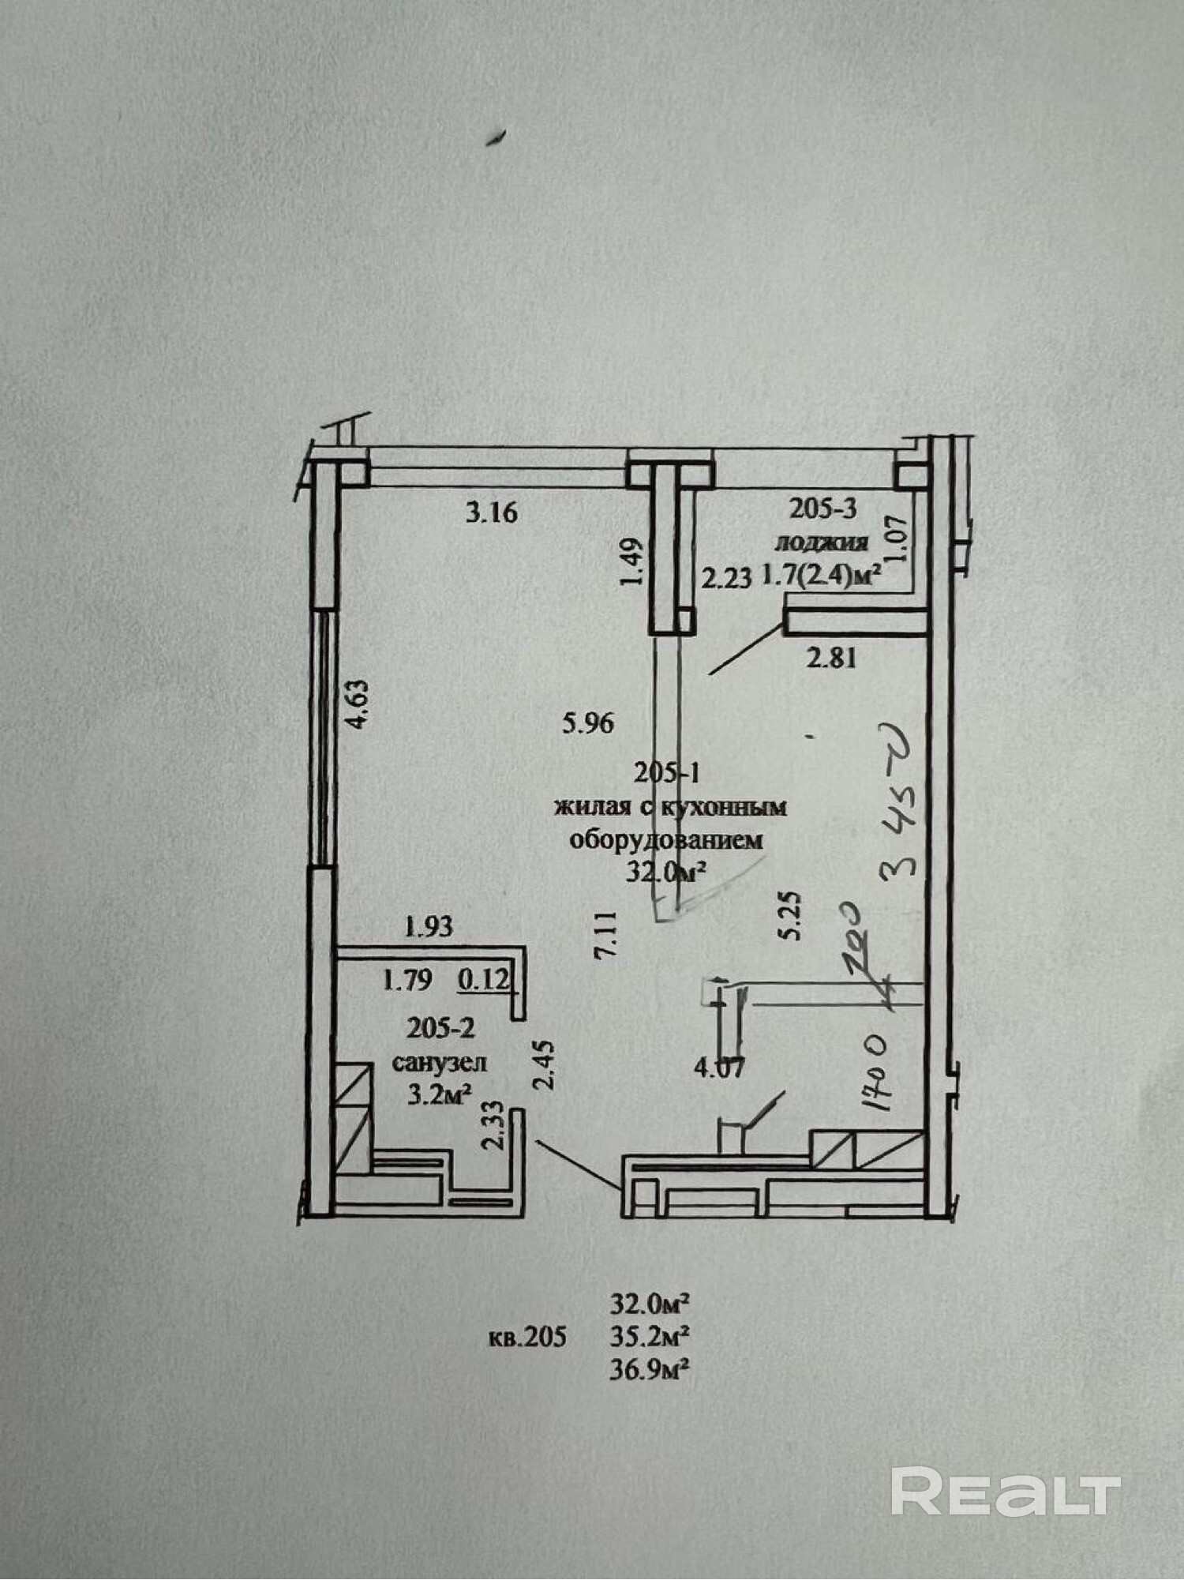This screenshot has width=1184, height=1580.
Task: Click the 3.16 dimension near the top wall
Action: tap(491, 513)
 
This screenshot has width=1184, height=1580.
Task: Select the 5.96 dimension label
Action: tap(588, 723)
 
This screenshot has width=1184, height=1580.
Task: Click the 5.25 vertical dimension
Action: tap(792, 914)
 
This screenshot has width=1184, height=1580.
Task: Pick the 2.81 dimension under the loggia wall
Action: tap(830, 657)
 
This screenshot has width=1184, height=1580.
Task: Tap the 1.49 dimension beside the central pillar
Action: tap(634, 563)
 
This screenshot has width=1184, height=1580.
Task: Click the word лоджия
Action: tap(822, 543)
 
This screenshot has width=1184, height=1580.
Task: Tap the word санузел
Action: tap(440, 1063)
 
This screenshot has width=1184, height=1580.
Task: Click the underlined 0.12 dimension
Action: tap(484, 981)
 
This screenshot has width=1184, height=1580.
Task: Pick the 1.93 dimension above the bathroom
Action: tap(429, 927)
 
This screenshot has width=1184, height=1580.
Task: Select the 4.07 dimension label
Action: tap(719, 1069)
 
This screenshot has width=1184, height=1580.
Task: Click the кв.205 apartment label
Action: tap(526, 1337)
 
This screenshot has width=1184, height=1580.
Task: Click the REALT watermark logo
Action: tap(1006, 1490)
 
